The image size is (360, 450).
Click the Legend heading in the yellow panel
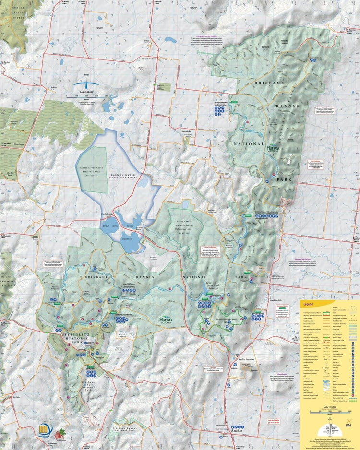point(308,304)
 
